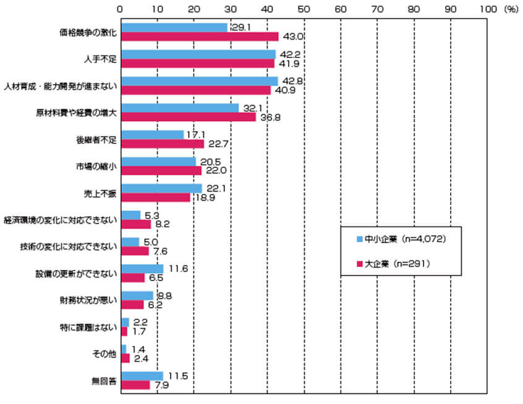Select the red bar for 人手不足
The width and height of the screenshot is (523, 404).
coord(198,63)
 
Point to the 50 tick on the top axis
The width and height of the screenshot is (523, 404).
coord(304,9)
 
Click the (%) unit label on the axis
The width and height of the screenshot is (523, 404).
coord(511,9)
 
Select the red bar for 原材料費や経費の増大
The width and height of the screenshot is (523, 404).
coord(189,117)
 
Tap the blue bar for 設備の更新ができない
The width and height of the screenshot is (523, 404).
coord(142,269)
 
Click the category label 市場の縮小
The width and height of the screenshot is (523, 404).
coord(100,166)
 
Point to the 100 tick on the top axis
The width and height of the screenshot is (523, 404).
coord(487,9)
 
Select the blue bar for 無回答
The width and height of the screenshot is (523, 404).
coord(142,376)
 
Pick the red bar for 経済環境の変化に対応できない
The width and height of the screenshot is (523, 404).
coord(136,224)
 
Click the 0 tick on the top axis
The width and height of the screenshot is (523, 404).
coord(121,9)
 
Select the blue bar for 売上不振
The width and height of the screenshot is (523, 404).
coord(161,188)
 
